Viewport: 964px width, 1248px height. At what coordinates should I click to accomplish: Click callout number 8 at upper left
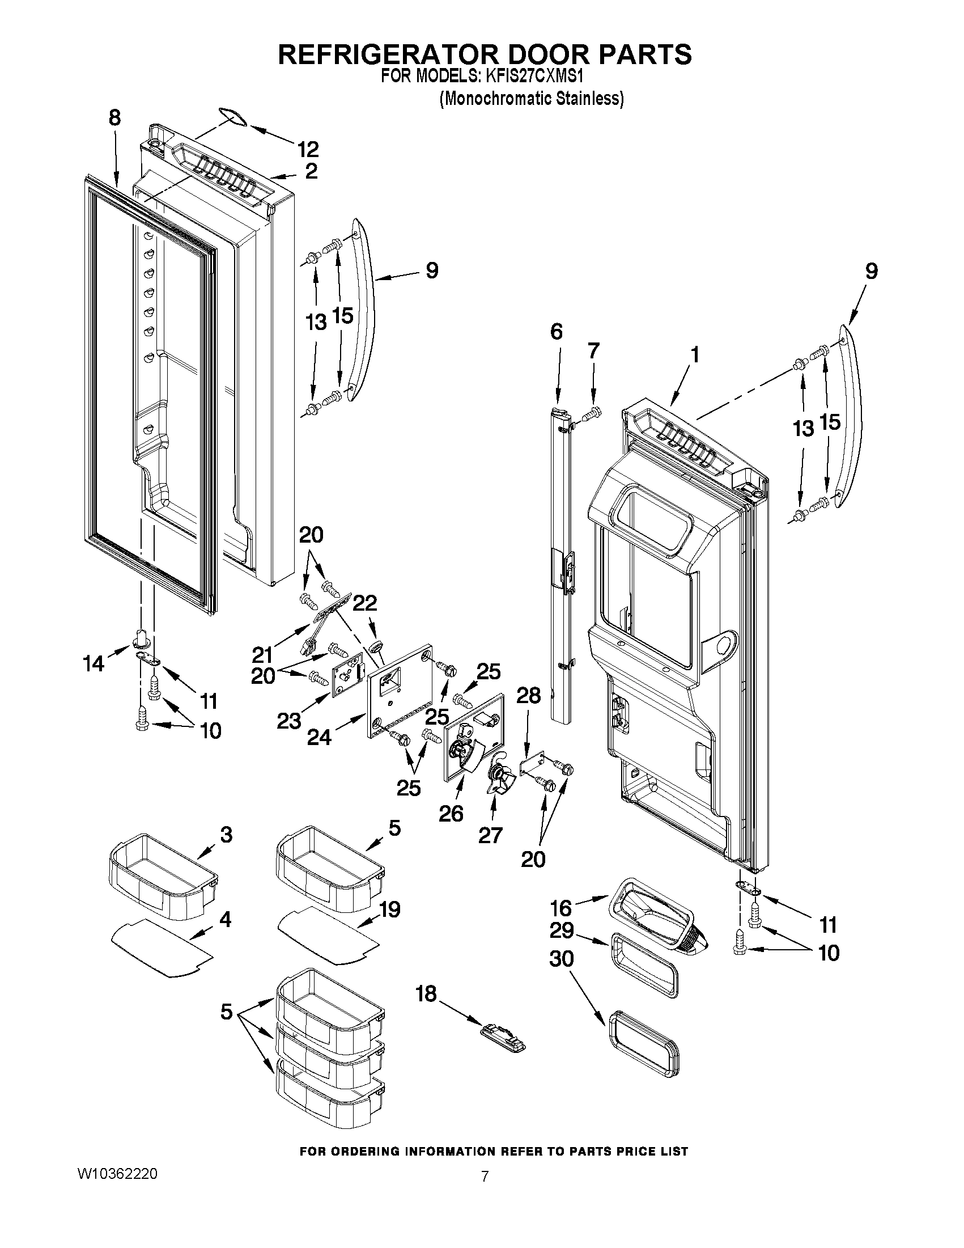click(x=114, y=118)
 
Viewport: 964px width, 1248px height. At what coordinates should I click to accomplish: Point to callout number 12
click(x=308, y=149)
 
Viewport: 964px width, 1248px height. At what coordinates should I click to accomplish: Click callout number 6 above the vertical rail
click(x=557, y=331)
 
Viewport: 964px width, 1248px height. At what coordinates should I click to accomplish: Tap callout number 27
click(x=490, y=835)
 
